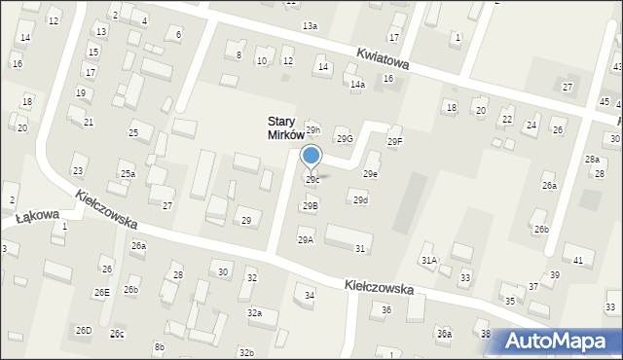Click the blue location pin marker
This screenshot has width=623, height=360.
[311, 158]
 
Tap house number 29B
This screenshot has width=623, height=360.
[310, 205]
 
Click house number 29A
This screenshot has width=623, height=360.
[306, 239]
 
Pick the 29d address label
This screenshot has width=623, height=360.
[360, 200]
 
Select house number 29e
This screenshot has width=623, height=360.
[371, 174]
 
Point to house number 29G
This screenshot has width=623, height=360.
[345, 139]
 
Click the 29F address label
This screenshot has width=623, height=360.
[394, 142]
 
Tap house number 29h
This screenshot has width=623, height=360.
[312, 129]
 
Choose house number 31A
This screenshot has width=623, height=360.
[429, 260]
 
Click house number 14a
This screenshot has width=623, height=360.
[357, 86]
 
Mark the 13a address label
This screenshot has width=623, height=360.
[310, 25]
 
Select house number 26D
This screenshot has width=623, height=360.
[84, 331]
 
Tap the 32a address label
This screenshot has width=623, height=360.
[254, 313]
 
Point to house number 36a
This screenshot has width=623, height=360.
[444, 334]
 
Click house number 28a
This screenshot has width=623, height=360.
[592, 159]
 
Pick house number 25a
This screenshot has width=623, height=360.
[128, 173]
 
